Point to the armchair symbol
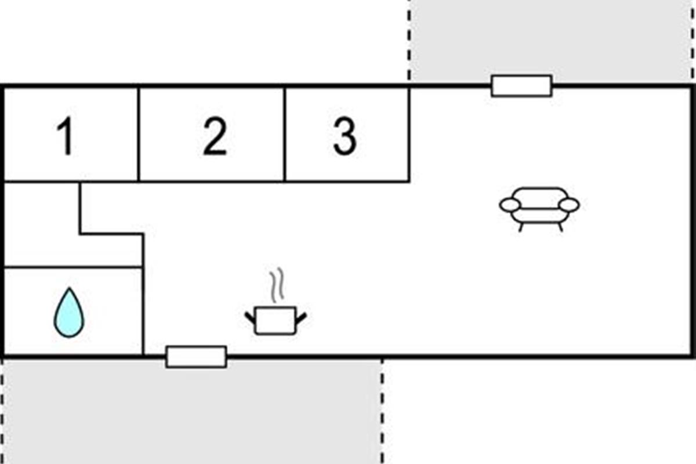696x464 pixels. [539, 207]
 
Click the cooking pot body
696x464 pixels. [275, 321]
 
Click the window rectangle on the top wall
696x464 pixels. [521, 86]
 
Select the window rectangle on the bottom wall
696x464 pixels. [196, 357]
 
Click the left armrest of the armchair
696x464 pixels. [510, 205]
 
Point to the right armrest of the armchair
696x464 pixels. [570, 205]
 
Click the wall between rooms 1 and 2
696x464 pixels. [139, 133]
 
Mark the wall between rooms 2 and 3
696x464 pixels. [285, 133]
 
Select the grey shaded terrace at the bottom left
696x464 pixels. [191, 412]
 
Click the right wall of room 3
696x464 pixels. [409, 133]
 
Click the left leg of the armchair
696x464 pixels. [521, 227]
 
